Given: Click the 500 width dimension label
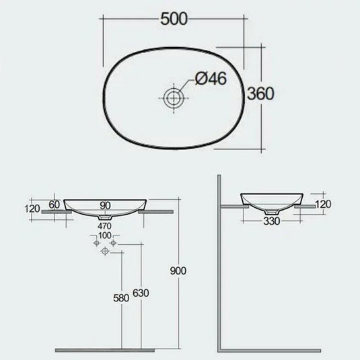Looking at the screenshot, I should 174,19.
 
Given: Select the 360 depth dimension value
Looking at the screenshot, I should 260,94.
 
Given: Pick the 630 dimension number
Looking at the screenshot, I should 141,294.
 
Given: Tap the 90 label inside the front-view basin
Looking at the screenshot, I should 105,205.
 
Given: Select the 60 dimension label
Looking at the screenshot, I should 55,204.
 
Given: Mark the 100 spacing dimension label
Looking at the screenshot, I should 104,235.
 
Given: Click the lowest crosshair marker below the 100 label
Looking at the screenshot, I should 104,253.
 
